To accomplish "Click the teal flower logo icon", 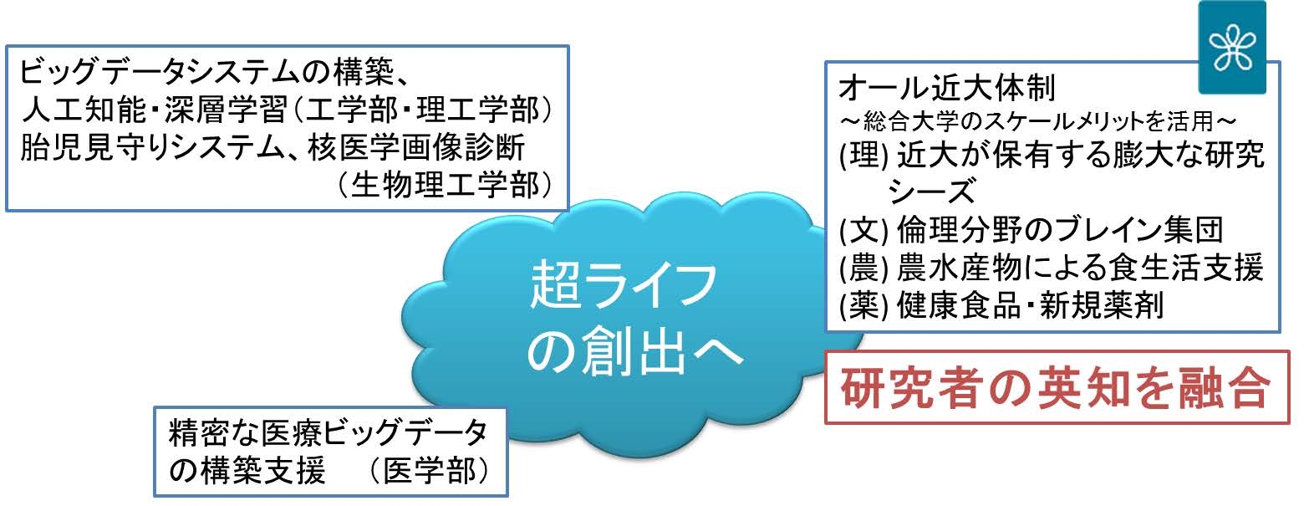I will [1231, 48].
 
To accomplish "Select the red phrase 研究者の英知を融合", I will [1057, 387].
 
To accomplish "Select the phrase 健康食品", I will [958, 306].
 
